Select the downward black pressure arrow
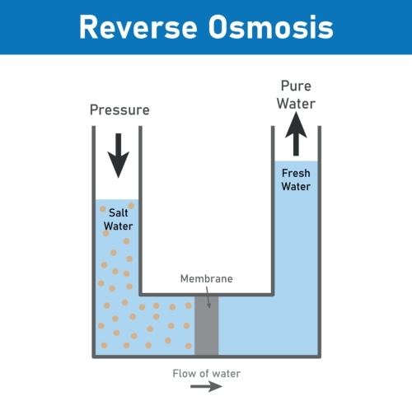click(x=119, y=154)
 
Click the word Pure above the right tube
click(x=296, y=86)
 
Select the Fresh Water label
click(x=296, y=180)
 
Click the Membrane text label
click(x=206, y=279)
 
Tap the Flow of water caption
click(x=206, y=374)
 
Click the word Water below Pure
click(x=296, y=103)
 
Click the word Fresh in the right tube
click(x=296, y=174)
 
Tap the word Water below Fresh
click(x=296, y=187)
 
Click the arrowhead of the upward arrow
click(x=296, y=126)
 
